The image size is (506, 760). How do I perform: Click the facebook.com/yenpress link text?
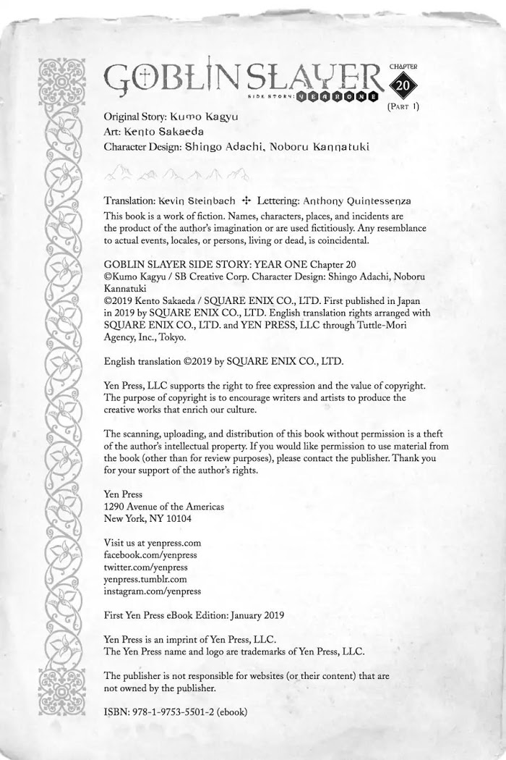pyautogui.click(x=150, y=554)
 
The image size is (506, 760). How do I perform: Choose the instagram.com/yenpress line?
pyautogui.click(x=153, y=591)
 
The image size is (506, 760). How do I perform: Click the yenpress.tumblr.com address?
pyautogui.click(x=145, y=579)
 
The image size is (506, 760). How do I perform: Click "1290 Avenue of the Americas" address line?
pyautogui.click(x=164, y=506)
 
